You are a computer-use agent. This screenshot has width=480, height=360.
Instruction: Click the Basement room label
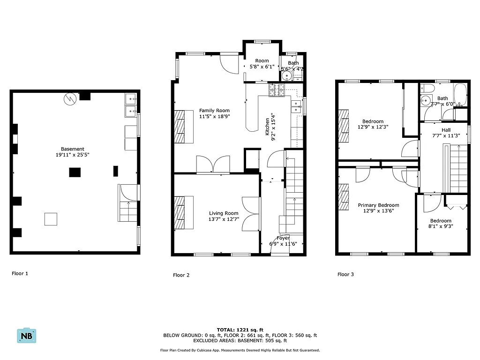pos(72,149)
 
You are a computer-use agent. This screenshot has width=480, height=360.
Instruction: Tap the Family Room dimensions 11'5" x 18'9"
pos(214,116)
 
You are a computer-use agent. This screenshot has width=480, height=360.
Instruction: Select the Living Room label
pos(224,213)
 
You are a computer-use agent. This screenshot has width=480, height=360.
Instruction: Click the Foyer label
pos(283,238)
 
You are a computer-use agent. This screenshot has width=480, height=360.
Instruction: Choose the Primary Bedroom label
pos(378,205)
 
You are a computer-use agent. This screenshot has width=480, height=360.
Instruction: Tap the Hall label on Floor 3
pos(446,130)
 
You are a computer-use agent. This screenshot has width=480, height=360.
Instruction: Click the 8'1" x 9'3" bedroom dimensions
pos(441,227)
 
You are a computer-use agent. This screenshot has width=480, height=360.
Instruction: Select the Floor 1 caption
pos(20,273)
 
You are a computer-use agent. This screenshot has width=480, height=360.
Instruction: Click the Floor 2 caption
pos(181,275)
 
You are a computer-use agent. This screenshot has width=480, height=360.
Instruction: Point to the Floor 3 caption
pos(346,274)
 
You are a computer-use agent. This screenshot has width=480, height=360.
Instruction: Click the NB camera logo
pos(27,336)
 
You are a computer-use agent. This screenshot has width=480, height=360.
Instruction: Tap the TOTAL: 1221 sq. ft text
pos(240,330)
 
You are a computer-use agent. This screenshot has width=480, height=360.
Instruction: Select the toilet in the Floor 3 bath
pos(426,88)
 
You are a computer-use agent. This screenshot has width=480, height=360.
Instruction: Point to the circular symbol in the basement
pos(70,98)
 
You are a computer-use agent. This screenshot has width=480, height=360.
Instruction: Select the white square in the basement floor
pos(51,219)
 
